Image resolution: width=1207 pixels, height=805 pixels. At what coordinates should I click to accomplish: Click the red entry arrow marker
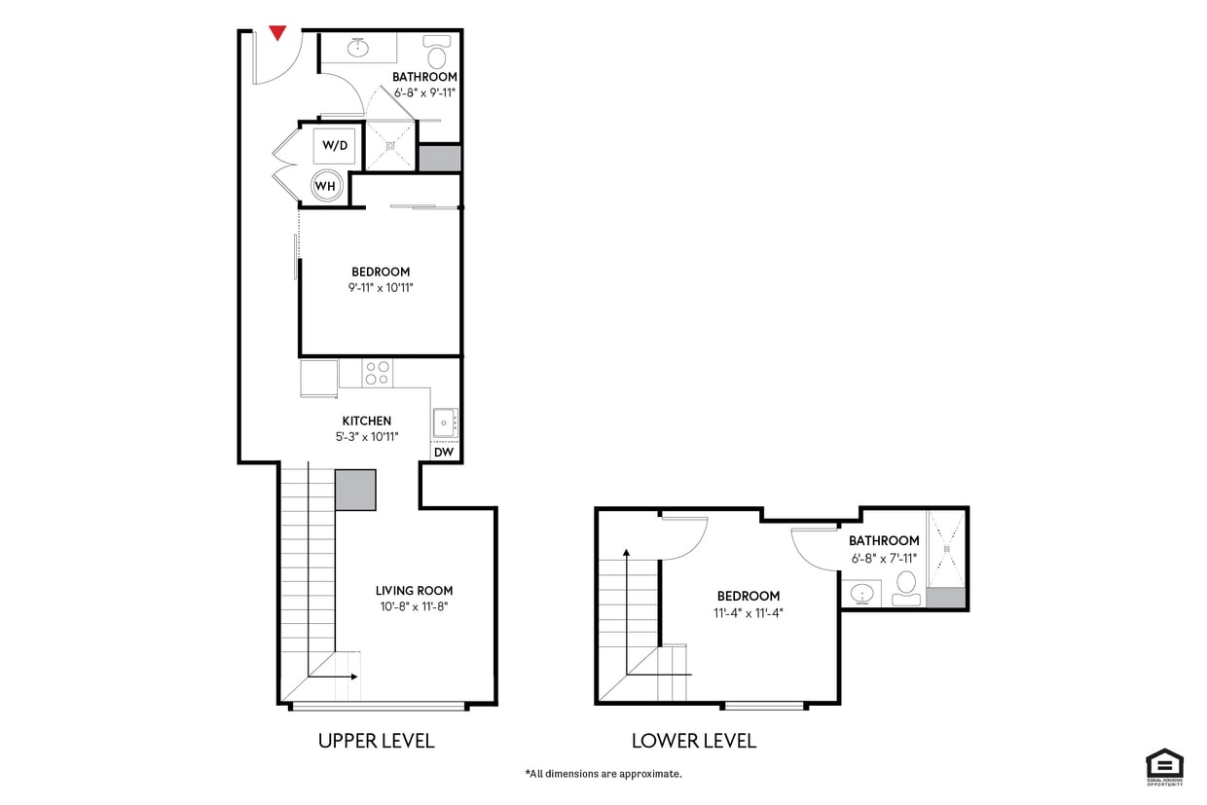277,33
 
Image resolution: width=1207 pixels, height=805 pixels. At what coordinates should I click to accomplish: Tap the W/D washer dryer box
334,146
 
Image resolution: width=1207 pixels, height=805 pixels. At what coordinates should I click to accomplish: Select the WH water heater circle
325,185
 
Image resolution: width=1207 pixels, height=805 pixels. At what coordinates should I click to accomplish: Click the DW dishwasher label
444,452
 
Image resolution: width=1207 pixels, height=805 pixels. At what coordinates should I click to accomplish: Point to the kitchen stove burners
377,373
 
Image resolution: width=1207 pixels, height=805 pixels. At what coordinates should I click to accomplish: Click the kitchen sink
445,422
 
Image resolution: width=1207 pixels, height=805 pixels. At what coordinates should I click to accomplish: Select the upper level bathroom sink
358,46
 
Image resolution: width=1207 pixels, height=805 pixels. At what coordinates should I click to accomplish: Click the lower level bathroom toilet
906,585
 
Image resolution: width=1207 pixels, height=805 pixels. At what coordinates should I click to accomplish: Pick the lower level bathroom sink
861,592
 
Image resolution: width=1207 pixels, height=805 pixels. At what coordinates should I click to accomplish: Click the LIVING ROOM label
414,590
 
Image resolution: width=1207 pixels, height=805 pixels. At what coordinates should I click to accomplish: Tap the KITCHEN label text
366,421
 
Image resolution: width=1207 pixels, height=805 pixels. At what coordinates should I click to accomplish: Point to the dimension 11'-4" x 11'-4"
748,613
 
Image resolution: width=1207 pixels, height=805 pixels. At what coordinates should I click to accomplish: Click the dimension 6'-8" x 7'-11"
883,558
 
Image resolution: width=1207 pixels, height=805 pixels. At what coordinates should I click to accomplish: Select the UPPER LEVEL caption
376,741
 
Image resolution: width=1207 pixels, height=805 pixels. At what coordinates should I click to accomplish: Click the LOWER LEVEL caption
693,741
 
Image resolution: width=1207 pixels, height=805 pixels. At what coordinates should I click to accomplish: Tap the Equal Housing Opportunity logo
1164,766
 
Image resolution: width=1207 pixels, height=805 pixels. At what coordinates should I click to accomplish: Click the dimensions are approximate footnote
603,774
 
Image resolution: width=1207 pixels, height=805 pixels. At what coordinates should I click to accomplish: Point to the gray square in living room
355,490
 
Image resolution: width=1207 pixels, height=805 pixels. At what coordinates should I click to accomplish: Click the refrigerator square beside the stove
318,378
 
